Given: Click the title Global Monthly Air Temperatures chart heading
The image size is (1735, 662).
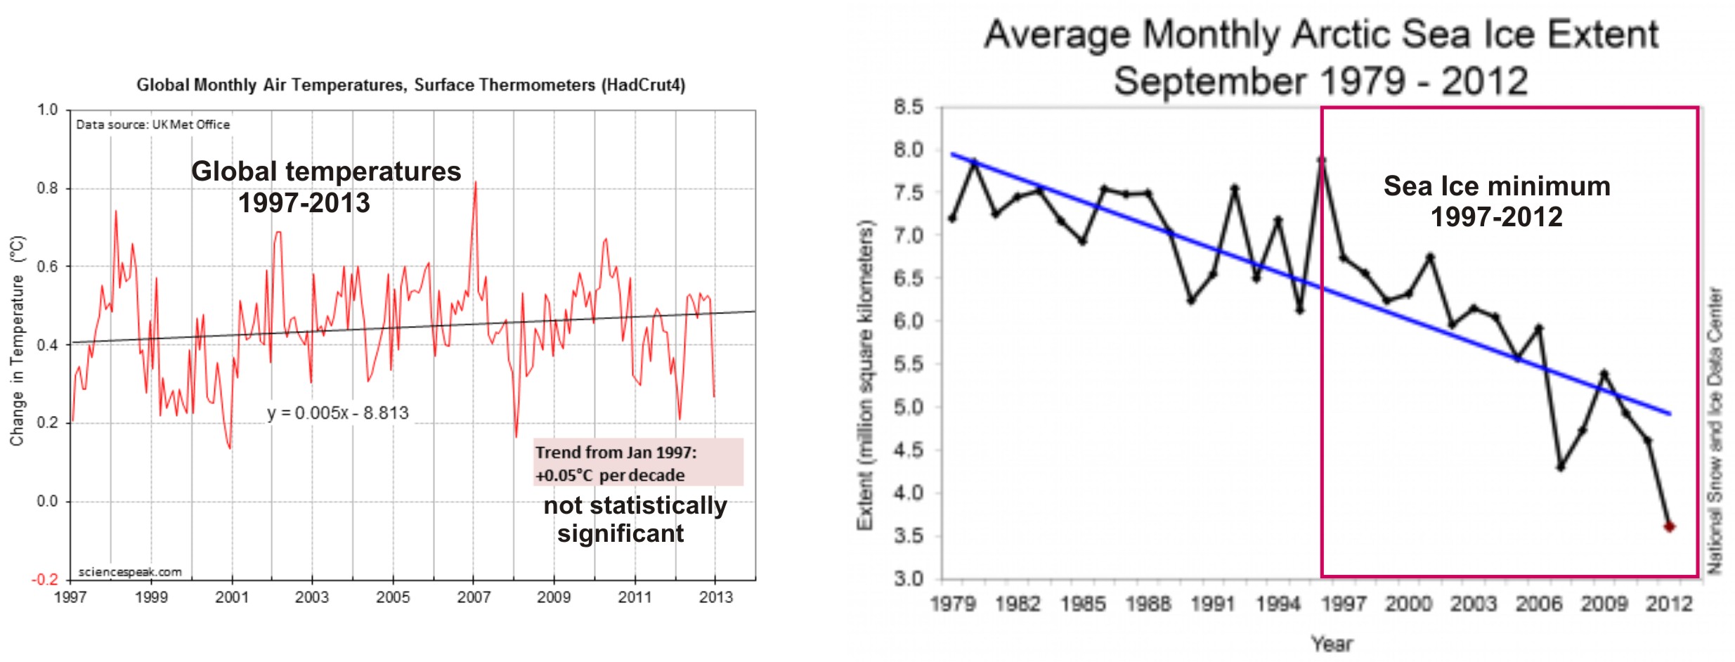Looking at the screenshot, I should pos(410,85).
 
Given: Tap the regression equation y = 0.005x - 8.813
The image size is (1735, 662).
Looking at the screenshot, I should pos(337,413).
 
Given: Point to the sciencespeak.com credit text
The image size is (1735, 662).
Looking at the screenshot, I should pos(130,572).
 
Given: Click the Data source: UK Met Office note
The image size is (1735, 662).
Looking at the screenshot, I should pos(152,124).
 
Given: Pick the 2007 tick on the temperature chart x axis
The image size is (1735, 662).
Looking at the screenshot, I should pos(474,597).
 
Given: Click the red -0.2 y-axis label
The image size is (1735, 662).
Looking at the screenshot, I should pos(45,580).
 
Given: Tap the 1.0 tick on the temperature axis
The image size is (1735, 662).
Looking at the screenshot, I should pos(48,110).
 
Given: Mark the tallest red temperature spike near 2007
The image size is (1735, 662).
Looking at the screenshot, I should pos(476,184).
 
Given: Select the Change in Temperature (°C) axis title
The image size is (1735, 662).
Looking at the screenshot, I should pos(18,341).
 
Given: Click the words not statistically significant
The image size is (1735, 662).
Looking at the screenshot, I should pos(635,519).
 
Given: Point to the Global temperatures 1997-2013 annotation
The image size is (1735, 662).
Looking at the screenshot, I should pos(325,187).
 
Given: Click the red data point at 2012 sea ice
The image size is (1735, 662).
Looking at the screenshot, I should pos(1669,526).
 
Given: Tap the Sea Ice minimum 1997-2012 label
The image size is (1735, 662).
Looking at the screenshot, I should pos(1497,201).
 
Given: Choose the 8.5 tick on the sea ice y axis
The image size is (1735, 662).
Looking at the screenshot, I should pos(908,108).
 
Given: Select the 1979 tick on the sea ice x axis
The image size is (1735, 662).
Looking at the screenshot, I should pos(952,604).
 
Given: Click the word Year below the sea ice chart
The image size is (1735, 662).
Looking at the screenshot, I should pos(1332,644).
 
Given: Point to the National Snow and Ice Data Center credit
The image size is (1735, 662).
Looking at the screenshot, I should pos(1715,430).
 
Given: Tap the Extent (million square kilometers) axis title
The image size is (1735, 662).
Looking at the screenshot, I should pos(865,376).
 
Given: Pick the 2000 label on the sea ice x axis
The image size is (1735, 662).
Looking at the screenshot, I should pos(1408,604).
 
